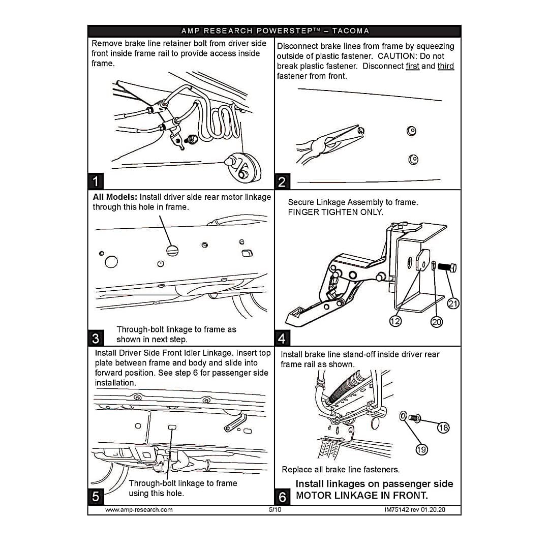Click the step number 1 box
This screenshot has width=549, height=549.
click(96, 181)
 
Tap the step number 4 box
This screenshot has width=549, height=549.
click(282, 338)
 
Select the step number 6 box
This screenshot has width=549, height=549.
click(282, 497)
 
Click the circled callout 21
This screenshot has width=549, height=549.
click(453, 303)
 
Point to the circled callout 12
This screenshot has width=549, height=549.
click(395, 321)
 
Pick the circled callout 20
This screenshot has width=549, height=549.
click(436, 321)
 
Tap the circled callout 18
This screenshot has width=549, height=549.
click(443, 428)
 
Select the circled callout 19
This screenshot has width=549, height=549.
click(421, 449)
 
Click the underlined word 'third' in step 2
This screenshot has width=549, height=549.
click(445, 66)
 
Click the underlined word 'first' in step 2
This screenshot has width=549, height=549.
click(412, 66)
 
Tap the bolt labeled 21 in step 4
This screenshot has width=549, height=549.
click(447, 268)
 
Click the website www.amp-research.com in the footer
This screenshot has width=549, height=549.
click(139, 510)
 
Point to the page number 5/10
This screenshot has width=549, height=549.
click(275, 510)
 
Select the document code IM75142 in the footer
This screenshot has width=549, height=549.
click(396, 510)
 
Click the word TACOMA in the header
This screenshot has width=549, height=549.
click(350, 31)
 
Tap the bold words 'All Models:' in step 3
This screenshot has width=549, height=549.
click(115, 197)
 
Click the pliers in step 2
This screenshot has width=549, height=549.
click(329, 143)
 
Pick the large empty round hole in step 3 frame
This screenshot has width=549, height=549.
click(111, 262)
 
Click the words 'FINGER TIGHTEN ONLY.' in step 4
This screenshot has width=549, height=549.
click(335, 212)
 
